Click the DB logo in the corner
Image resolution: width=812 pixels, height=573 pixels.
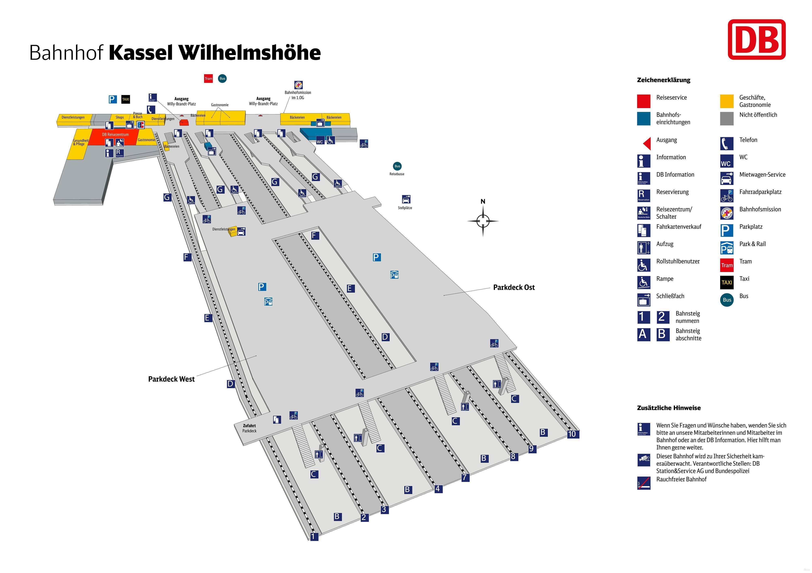pyautogui.click(x=756, y=40)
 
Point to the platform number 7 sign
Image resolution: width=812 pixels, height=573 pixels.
pyautogui.click(x=465, y=477)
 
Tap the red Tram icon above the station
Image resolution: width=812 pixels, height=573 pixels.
pyautogui.click(x=208, y=78)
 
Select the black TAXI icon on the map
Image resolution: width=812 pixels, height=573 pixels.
pyautogui.click(x=125, y=99)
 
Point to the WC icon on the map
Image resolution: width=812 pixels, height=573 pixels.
pyautogui.click(x=320, y=141)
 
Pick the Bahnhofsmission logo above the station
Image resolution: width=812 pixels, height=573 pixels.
pyautogui.click(x=298, y=85)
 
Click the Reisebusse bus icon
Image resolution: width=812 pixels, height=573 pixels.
pyautogui.click(x=397, y=166)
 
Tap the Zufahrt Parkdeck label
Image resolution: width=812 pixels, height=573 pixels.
pyautogui.click(x=249, y=428)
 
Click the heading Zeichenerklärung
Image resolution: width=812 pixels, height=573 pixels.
pyautogui.click(x=663, y=80)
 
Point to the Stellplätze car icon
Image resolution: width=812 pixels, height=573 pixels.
pyautogui.click(x=406, y=199)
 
